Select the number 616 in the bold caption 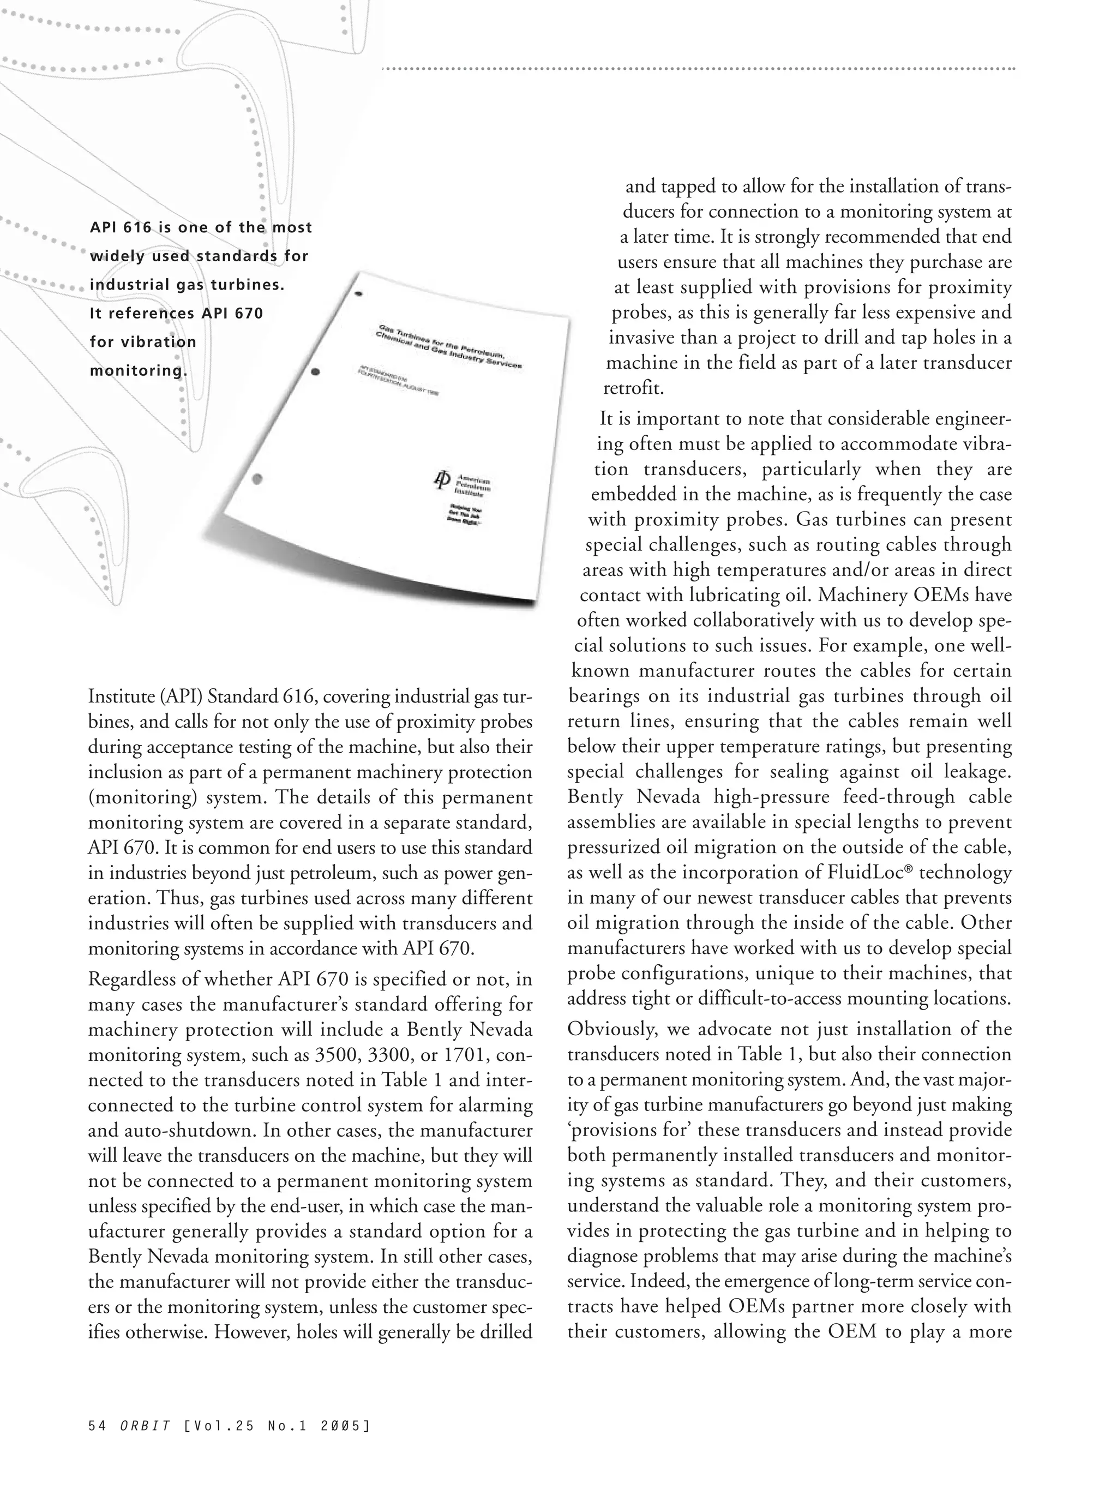139,228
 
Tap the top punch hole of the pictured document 359,294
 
